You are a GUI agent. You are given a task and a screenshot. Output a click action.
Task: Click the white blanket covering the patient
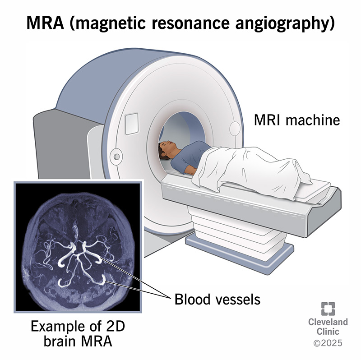253,167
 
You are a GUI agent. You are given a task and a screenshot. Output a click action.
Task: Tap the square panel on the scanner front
131,120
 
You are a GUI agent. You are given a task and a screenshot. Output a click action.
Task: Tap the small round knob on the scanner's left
117,156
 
